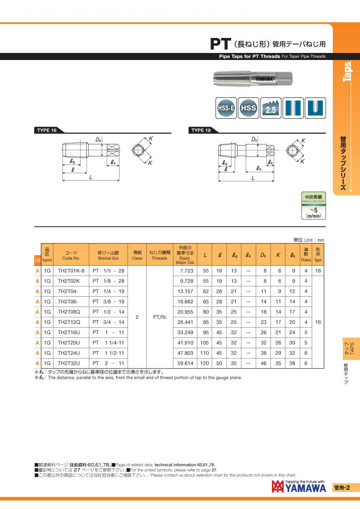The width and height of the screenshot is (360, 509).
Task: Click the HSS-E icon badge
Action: pyautogui.click(x=226, y=108)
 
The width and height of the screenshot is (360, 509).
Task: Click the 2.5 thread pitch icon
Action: pyautogui.click(x=270, y=108)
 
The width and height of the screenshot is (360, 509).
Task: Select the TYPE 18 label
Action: pyautogui.click(x=201, y=130)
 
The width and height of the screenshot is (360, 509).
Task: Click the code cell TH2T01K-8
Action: pyautogui.click(x=71, y=271)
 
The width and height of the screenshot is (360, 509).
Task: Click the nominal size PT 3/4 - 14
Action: pyautogui.click(x=108, y=322)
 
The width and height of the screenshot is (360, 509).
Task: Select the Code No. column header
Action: pyautogui.click(x=71, y=255)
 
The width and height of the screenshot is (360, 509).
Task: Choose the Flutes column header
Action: pyautogui.click(x=306, y=255)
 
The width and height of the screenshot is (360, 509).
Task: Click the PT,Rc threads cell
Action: pyautogui.click(x=160, y=317)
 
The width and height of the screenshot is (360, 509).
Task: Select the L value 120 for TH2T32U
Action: pyautogui.click(x=205, y=363)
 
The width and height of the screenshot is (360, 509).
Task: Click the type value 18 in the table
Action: pyautogui.click(x=318, y=271)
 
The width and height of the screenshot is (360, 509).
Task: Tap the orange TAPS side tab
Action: pyautogui.click(x=352, y=349)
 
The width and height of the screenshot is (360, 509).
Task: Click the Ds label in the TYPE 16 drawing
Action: pyautogui.click(x=99, y=140)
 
